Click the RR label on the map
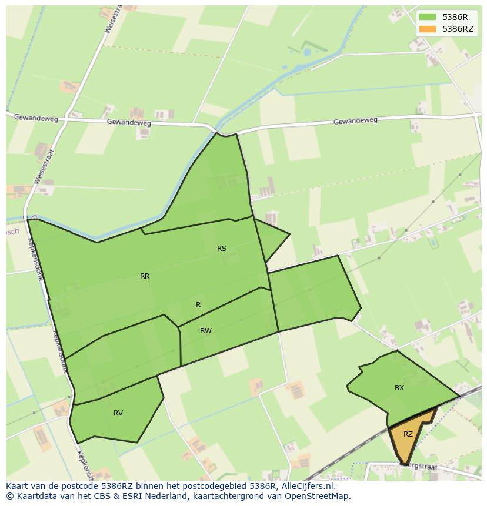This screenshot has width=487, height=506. coord(145,276)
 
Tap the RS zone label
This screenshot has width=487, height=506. coord(222,249)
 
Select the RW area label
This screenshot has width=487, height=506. coord(206,331)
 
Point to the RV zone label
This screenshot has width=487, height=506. coord(118,413)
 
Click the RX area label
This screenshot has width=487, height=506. coord(399,388)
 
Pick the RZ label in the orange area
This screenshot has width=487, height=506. coord(408,434)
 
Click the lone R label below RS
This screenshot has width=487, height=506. coord(198,305)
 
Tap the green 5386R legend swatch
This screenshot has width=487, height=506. coord(428,17)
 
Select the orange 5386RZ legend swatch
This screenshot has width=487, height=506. coord(428,29)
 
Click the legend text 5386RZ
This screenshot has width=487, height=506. coord(458,29)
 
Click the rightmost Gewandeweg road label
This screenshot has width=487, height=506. coord(355,121)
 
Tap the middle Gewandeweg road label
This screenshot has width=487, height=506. coord(129,123)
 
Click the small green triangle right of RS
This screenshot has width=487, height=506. coord(271,238)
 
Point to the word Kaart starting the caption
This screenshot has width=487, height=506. coord(18,487)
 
